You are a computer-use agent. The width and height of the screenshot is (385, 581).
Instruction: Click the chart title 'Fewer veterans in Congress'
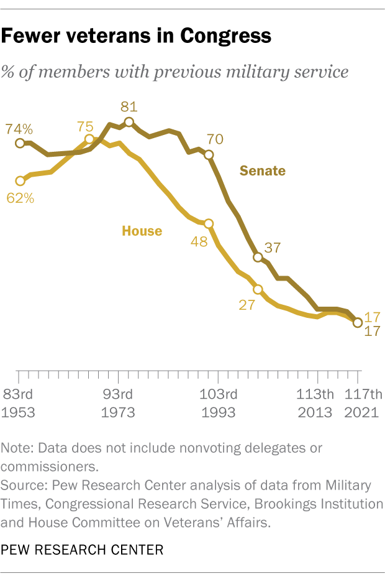point(136,36)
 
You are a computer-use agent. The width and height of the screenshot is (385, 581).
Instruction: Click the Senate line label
point(263,170)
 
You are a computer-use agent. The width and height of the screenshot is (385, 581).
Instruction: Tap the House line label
point(142,231)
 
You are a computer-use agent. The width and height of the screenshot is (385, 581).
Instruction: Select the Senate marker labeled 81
point(129,123)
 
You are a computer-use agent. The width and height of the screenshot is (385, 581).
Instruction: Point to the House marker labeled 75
point(89,139)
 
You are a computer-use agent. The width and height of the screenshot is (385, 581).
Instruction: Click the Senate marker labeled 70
point(209,155)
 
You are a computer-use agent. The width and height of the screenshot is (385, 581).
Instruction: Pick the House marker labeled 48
point(209,224)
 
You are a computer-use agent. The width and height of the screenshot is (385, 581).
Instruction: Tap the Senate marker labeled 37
point(258,257)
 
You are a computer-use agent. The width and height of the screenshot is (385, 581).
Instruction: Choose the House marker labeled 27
point(258,289)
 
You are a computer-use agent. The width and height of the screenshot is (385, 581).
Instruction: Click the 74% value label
point(19,129)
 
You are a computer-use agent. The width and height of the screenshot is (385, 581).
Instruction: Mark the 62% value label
point(20,198)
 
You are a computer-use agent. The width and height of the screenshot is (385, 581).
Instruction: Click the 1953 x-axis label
point(19,412)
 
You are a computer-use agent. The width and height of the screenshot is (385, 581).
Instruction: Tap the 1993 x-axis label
point(218,412)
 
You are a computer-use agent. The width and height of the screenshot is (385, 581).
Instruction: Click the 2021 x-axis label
point(362,412)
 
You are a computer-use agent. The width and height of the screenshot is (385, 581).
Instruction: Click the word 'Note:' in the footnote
point(18,448)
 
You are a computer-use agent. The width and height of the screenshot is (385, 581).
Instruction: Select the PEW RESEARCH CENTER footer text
point(83,550)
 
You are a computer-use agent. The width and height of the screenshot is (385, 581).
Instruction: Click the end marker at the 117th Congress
point(357,322)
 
